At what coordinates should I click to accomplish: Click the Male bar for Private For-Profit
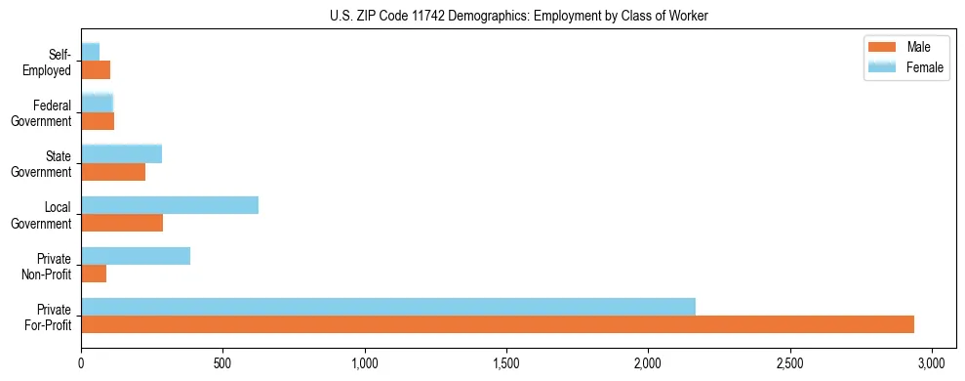498,324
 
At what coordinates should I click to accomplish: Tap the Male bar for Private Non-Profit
94,274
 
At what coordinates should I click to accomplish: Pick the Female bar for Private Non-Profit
136,255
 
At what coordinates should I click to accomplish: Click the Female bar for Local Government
170,204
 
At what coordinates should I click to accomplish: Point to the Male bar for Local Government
122,223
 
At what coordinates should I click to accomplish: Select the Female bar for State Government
122,153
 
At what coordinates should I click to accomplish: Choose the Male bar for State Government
113,172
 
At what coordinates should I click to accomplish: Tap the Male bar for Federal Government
98,121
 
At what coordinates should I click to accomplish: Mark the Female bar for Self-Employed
91,51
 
